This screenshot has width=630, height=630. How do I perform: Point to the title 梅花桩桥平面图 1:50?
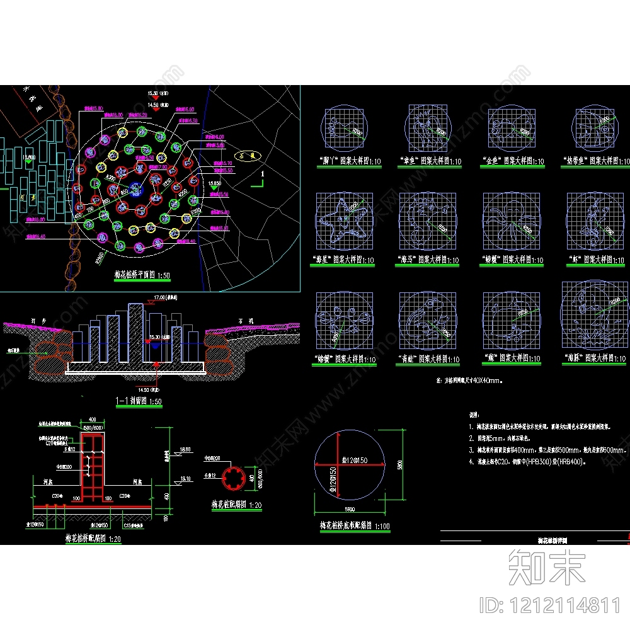[142, 276]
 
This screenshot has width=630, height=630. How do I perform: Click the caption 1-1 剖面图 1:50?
[138, 401]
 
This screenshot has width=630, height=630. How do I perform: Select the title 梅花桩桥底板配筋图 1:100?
[354, 525]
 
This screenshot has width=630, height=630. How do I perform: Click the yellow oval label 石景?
[245, 154]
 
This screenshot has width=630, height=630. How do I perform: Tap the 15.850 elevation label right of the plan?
[214, 183]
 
